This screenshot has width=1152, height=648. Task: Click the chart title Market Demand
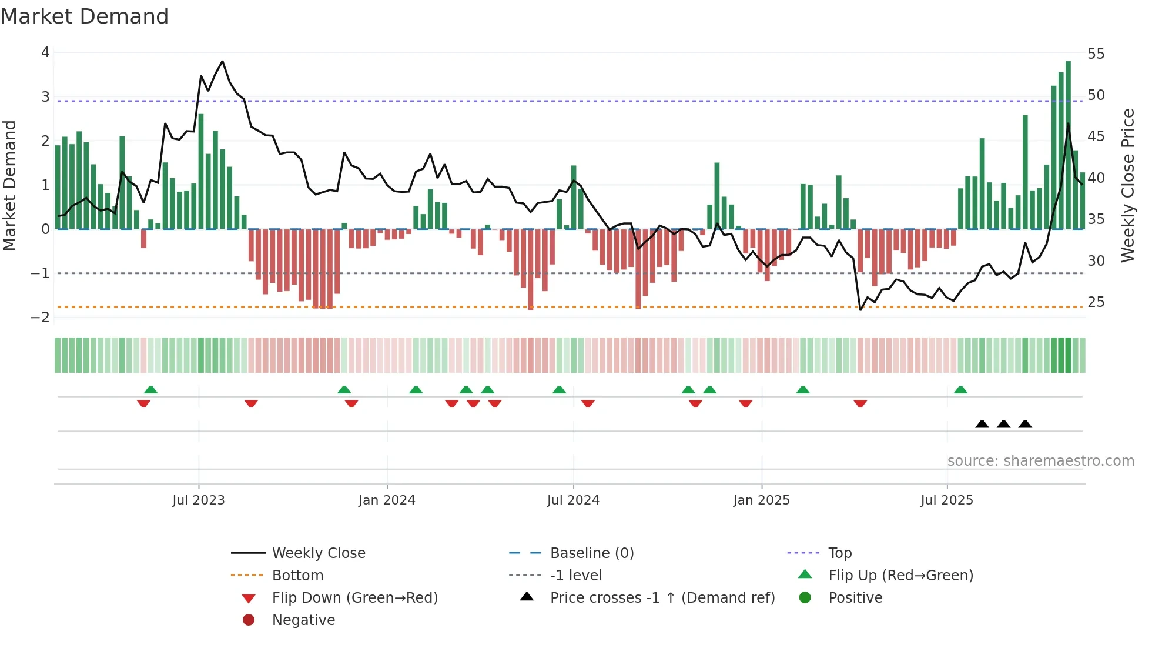click(85, 16)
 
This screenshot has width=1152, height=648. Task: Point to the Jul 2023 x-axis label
click(199, 500)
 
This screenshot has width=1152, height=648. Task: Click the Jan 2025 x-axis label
click(762, 500)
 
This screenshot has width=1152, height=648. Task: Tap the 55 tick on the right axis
click(1096, 54)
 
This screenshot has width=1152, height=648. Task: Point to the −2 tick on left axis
click(41, 318)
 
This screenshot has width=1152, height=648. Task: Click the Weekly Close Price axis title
click(1127, 185)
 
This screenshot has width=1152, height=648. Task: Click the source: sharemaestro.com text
click(1040, 460)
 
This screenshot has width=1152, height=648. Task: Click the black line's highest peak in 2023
click(222, 61)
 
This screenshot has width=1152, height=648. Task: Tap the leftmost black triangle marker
click(982, 424)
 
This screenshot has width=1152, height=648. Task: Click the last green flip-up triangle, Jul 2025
click(960, 390)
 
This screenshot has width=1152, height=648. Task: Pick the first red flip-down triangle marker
click(143, 403)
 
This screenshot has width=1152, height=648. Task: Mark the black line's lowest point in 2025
click(860, 309)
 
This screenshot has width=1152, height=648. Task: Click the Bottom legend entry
click(297, 575)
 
